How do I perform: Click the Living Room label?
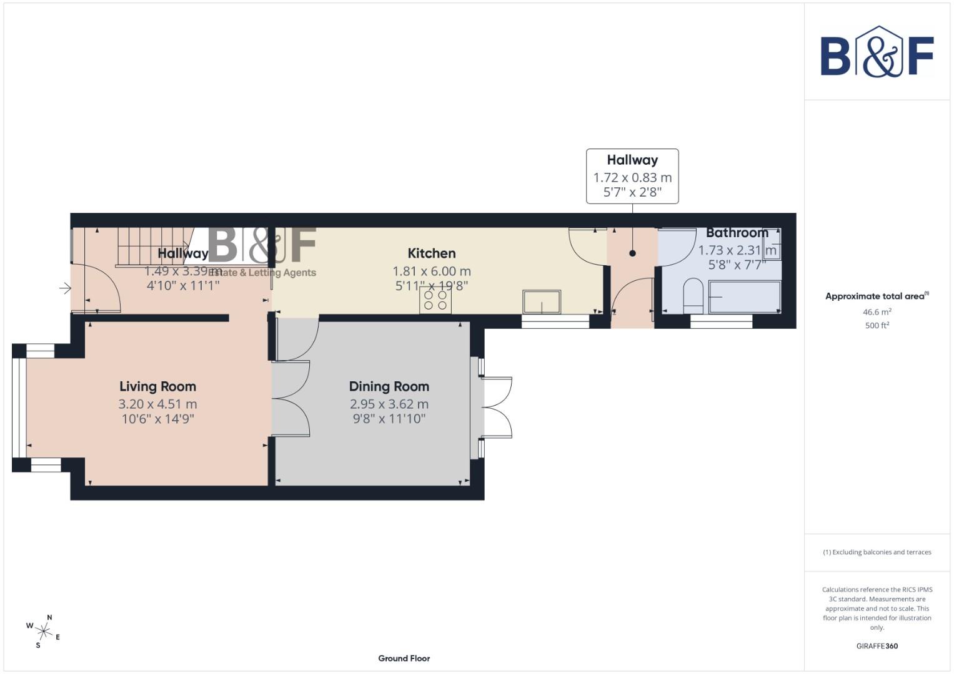tap(157, 386)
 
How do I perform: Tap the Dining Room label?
tap(389, 386)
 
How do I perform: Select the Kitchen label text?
tap(431, 253)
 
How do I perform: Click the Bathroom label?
tap(737, 233)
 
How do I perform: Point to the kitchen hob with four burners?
tap(435, 300)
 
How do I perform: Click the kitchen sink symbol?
tap(542, 301)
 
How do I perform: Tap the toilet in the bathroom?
tap(693, 296)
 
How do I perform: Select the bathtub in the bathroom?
tap(743, 297)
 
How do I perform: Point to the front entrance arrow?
tap(65, 288)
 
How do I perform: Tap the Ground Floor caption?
tap(404, 658)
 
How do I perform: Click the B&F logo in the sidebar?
tap(877, 53)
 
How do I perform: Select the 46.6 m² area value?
tap(877, 311)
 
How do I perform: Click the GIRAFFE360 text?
tap(877, 646)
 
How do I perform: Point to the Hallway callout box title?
tap(632, 160)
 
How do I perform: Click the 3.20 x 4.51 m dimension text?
tap(157, 404)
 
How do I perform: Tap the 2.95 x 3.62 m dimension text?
tap(389, 404)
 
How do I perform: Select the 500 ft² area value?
tap(877, 325)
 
